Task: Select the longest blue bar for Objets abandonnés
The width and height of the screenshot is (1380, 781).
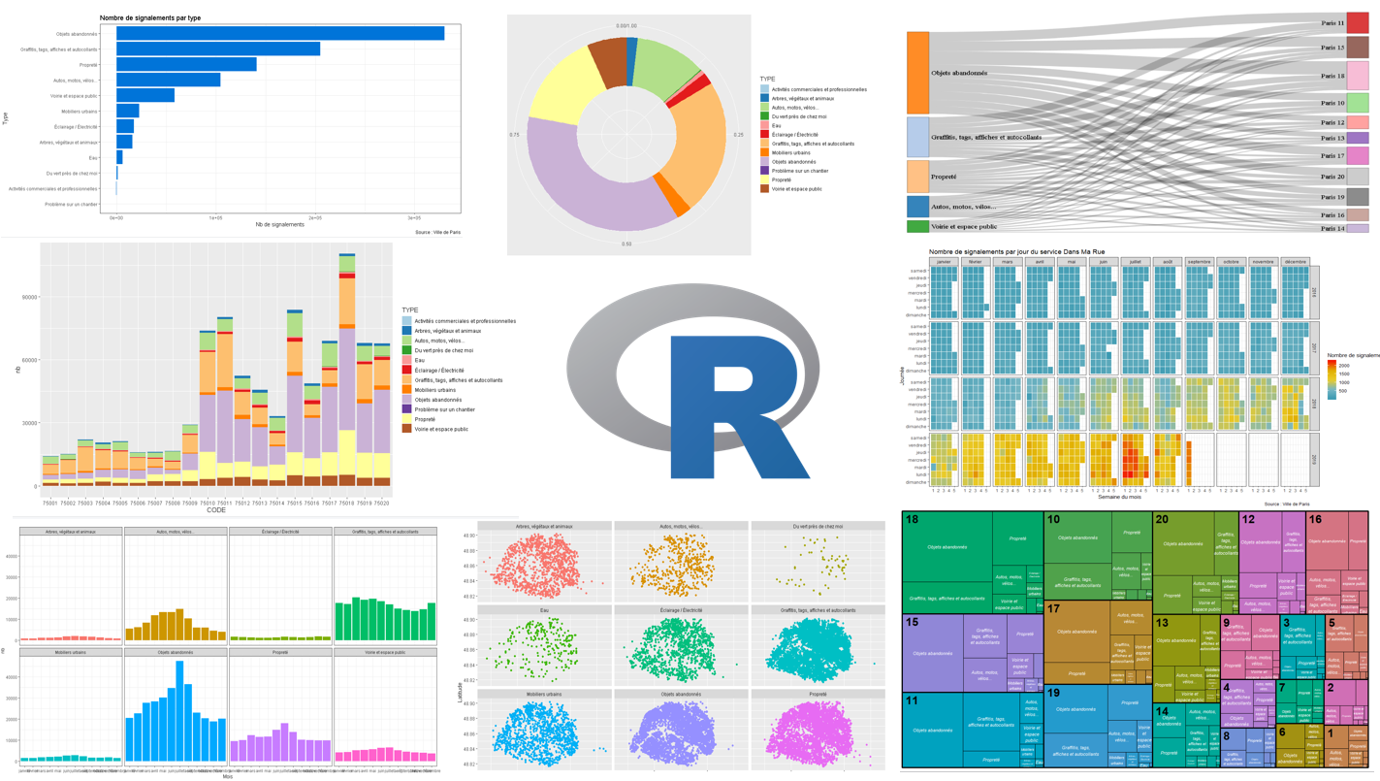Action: click(x=280, y=34)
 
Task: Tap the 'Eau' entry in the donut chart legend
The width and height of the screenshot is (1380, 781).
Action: click(x=776, y=126)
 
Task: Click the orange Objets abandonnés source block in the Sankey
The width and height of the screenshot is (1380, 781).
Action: click(x=917, y=73)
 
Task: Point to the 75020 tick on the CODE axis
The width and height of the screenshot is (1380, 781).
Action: click(x=381, y=504)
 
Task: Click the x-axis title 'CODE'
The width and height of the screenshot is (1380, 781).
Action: click(x=215, y=510)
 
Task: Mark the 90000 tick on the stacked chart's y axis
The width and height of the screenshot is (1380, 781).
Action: click(x=28, y=297)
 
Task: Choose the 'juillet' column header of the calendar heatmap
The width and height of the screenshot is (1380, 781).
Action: click(x=1135, y=262)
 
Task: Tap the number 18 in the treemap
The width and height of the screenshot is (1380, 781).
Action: click(x=913, y=521)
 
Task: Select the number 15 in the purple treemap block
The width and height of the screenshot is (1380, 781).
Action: click(x=913, y=623)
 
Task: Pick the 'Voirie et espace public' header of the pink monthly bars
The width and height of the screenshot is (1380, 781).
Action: click(x=385, y=653)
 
